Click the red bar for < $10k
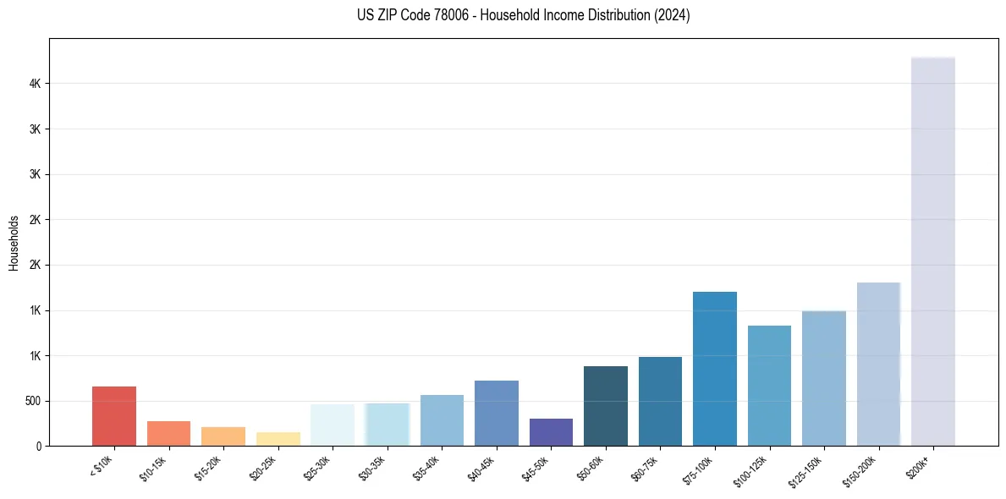click(114, 416)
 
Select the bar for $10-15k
click(168, 433)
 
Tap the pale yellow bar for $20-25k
click(278, 439)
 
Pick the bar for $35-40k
click(442, 420)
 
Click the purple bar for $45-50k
click(551, 432)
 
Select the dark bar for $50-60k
click(606, 406)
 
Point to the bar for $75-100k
click(715, 369)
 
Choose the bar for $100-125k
click(769, 386)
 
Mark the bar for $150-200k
click(878, 364)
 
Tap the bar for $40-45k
click(497, 413)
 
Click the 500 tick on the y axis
click(36, 401)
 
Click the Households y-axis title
click(14, 243)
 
